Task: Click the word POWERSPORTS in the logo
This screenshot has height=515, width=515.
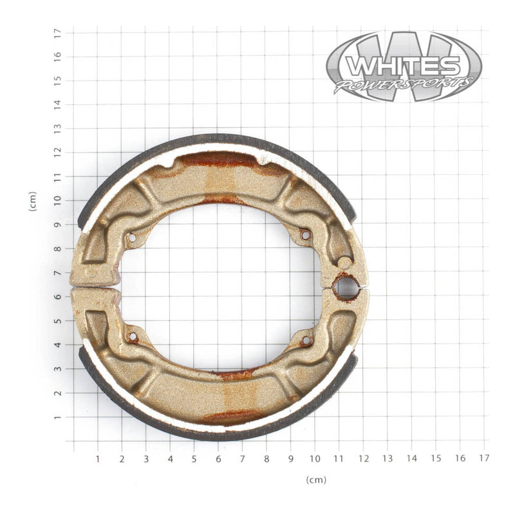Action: pyautogui.click(x=404, y=84)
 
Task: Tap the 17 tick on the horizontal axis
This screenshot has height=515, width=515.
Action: pyautogui.click(x=484, y=459)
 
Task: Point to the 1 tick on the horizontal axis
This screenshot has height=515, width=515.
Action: pyautogui.click(x=98, y=459)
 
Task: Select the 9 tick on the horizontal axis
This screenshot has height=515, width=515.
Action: pyautogui.click(x=291, y=459)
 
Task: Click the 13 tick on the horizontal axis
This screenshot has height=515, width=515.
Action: pyautogui.click(x=388, y=459)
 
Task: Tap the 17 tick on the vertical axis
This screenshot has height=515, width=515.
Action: pyautogui.click(x=57, y=32)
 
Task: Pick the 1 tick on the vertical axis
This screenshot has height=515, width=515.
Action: pyautogui.click(x=57, y=417)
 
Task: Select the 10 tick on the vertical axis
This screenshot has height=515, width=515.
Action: pyautogui.click(x=57, y=200)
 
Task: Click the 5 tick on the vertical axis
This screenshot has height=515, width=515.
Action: pyautogui.click(x=57, y=321)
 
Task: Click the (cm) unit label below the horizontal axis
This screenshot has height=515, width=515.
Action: pyautogui.click(x=316, y=480)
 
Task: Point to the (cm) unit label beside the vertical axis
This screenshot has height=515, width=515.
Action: pyautogui.click(x=32, y=201)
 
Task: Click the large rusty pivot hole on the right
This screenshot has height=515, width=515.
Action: pyautogui.click(x=346, y=288)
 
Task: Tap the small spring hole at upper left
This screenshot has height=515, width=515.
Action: pyautogui.click(x=132, y=238)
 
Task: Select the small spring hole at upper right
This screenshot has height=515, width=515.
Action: pyautogui.click(x=305, y=235)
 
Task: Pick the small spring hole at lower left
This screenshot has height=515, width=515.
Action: pyautogui.click(x=133, y=337)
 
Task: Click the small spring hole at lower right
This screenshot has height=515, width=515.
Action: pyautogui.click(x=305, y=339)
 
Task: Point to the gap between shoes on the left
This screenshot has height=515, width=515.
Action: pyautogui.click(x=97, y=286)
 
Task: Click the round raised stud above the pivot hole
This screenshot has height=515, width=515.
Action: pyautogui.click(x=344, y=263)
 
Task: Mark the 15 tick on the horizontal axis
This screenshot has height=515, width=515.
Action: pyautogui.click(x=436, y=459)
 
